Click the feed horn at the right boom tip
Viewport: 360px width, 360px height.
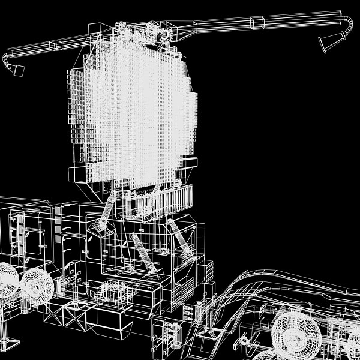point(329,42)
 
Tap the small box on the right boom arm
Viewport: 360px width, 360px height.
point(257,23)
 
